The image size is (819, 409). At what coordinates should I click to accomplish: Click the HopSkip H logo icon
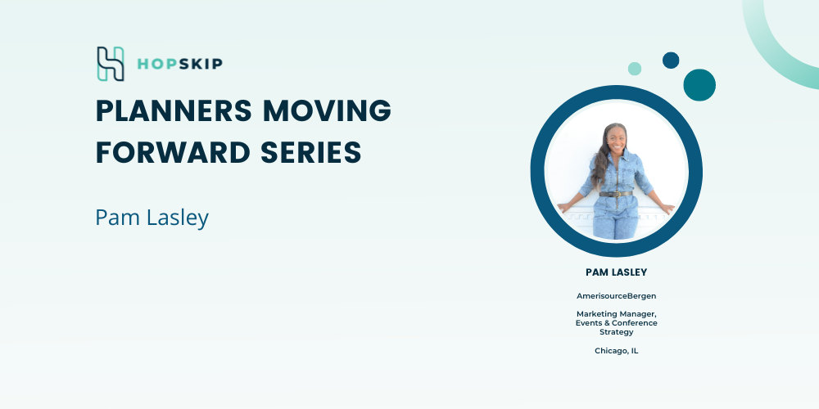point(111,64)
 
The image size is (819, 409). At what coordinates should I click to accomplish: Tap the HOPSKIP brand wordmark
point(179,64)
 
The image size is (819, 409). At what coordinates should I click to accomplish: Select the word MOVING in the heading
point(327,110)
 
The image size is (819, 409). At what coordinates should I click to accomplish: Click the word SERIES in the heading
point(310,153)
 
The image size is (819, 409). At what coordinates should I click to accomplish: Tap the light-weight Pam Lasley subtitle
point(152,218)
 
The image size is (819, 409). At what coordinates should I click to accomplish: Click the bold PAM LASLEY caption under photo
point(617,272)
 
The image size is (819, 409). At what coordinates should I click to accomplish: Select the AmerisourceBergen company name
point(617,296)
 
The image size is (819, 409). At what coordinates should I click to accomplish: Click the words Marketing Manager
point(617,314)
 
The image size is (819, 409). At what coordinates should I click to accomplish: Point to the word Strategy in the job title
point(617,332)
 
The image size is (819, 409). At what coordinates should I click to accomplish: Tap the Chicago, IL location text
point(617,351)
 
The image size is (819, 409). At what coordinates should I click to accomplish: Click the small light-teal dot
point(635,69)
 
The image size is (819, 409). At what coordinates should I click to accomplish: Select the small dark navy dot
point(671,60)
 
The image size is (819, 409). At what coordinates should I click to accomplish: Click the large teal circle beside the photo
point(699,85)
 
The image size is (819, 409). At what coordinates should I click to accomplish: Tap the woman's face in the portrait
point(617,137)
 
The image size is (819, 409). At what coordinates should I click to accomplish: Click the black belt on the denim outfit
point(616,194)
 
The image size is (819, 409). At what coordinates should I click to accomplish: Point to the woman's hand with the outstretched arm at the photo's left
point(563,207)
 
